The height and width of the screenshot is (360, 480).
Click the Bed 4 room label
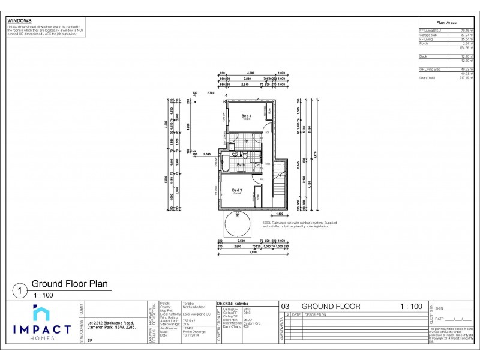point(246,116)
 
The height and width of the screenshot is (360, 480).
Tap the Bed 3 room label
point(238,190)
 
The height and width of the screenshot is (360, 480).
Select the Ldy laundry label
point(245,141)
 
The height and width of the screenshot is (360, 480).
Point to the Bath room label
point(241,164)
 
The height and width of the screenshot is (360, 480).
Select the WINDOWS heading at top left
point(19,20)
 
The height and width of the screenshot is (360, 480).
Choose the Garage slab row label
point(427,35)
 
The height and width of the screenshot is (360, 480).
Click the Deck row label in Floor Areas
point(423,56)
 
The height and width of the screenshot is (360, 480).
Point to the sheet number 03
point(286,307)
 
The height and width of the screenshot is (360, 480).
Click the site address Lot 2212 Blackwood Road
point(111,324)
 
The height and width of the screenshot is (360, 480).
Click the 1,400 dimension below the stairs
point(278,214)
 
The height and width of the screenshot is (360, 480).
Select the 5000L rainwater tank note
point(300,224)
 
